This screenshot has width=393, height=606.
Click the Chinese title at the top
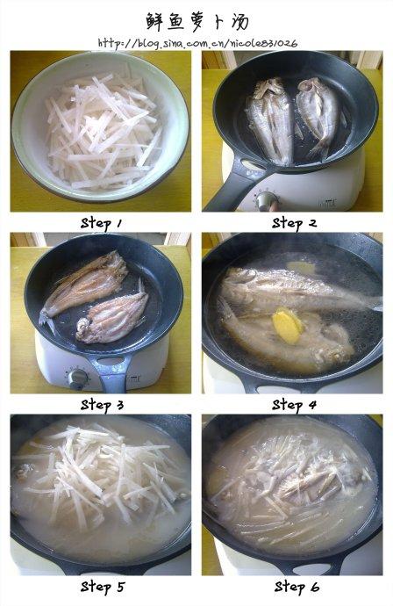click(197, 21)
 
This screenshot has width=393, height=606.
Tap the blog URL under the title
click(197, 43)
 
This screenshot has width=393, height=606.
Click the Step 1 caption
click(102, 224)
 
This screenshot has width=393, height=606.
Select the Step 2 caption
click(294, 223)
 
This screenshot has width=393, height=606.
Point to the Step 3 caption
click(102, 406)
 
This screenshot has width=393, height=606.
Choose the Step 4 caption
click(294, 406)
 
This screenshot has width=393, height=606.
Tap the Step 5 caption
click(103, 587)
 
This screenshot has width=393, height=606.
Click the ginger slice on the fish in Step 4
click(288, 326)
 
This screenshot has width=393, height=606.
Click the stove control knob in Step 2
click(267, 201)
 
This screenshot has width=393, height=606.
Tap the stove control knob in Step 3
click(78, 379)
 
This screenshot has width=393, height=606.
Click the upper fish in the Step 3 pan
click(86, 284)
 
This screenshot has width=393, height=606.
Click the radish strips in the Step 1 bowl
click(104, 132)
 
